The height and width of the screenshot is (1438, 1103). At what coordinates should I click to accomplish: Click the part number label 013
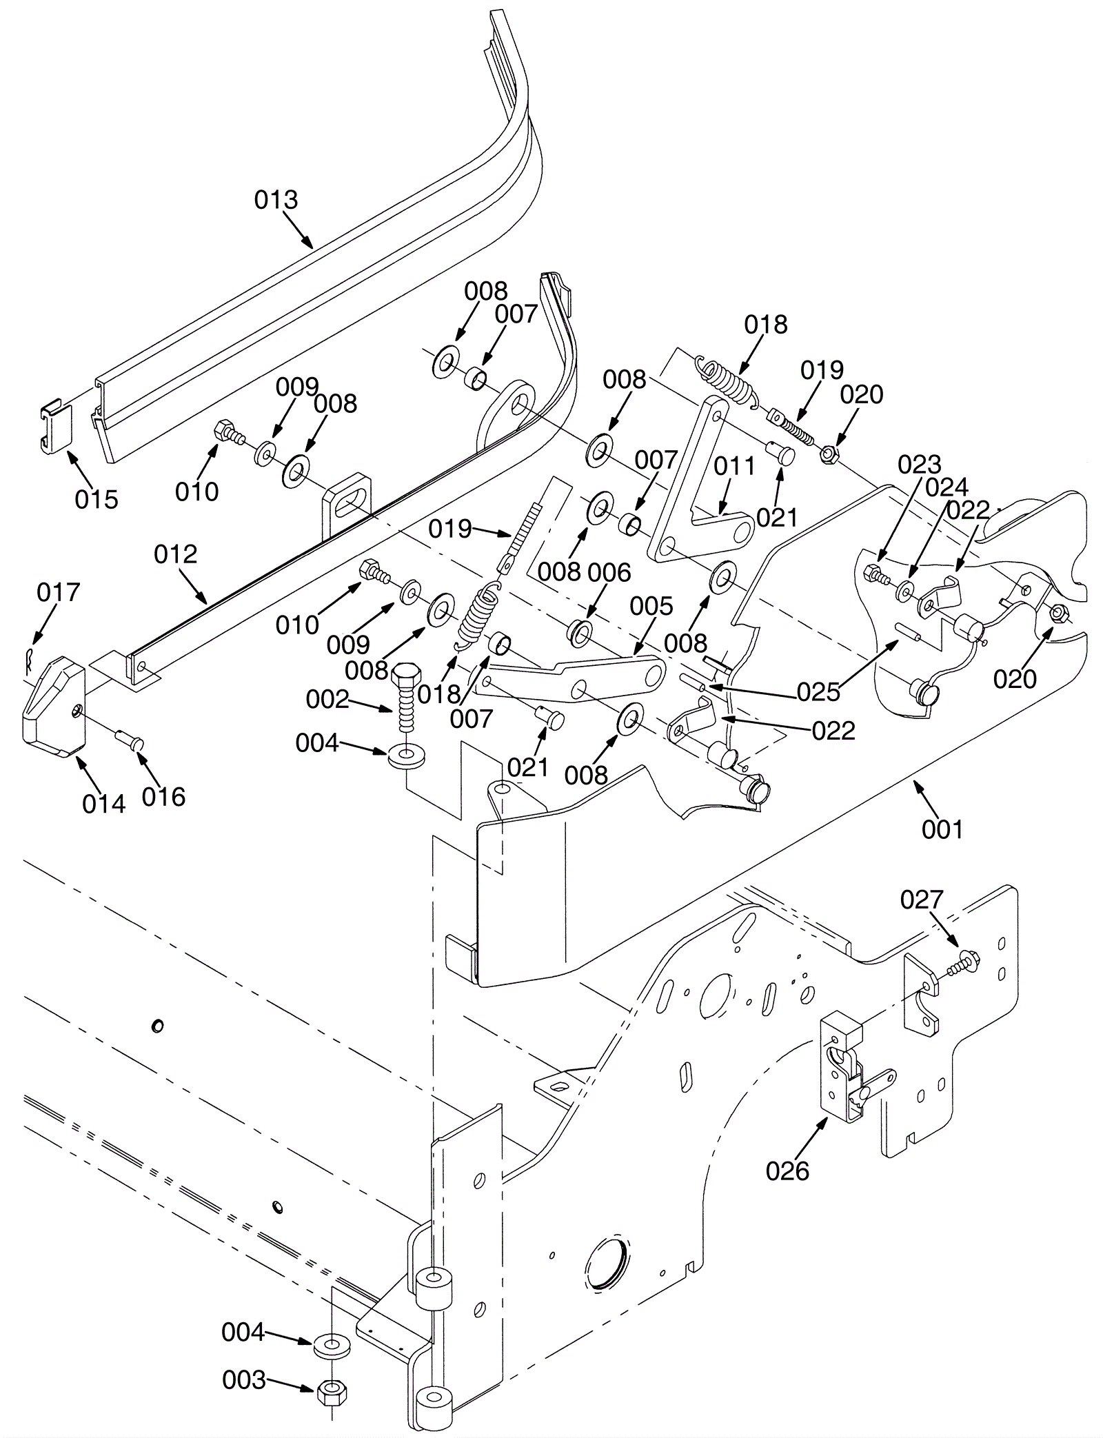pos(276,200)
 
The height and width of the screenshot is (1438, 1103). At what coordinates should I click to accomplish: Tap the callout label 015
pos(97,499)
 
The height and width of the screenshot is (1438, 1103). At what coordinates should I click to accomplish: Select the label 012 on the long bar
pos(175,554)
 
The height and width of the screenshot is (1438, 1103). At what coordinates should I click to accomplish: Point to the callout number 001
pos(942,829)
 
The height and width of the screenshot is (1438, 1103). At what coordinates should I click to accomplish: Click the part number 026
pos(787,1171)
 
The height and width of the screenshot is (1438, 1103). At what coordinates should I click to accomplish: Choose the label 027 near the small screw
pos(922,900)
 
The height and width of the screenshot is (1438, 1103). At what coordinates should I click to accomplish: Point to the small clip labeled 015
pos(54,427)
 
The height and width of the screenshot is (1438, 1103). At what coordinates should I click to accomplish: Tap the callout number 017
pos(59,592)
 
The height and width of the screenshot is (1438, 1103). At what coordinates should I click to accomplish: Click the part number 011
pos(735,467)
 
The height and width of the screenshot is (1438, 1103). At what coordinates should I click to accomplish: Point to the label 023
pos(919,465)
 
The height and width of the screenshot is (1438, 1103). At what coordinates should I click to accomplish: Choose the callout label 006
pos(609,573)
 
